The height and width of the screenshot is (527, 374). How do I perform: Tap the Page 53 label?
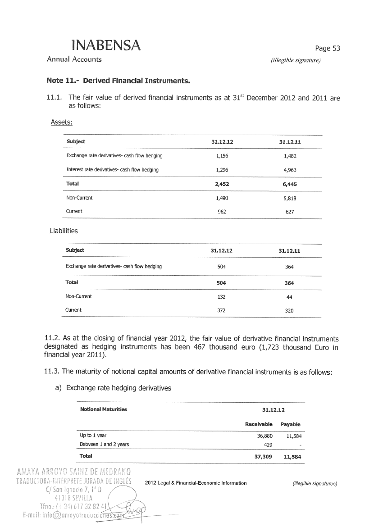click(327, 49)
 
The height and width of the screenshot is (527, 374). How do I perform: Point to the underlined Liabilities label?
click(64, 231)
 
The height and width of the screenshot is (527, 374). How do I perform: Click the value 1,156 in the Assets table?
click(222, 156)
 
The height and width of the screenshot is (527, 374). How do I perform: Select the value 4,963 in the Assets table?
click(290, 170)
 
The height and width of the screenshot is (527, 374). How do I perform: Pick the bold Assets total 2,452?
click(222, 184)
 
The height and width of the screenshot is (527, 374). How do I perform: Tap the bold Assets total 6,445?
click(290, 184)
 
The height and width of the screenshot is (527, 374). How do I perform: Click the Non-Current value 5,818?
click(290, 198)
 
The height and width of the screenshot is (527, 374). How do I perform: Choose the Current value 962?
click(222, 212)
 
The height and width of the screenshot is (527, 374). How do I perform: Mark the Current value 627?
click(290, 212)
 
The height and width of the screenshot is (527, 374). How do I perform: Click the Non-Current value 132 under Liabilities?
click(221, 297)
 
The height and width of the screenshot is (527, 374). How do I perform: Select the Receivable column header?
click(259, 424)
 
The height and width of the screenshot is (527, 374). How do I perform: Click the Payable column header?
click(290, 424)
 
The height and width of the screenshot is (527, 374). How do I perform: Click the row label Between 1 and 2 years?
click(104, 445)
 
